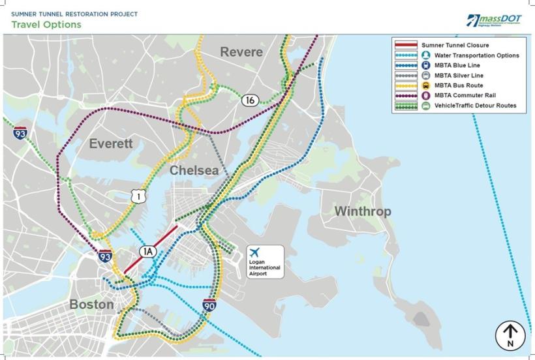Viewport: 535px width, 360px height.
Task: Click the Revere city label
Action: coord(241,52)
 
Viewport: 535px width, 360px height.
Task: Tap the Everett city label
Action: coord(111,143)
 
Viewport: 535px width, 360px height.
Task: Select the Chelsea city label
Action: coord(194,170)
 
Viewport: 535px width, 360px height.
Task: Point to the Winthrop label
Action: coord(362,211)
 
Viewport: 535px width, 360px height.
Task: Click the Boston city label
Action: coord(91,305)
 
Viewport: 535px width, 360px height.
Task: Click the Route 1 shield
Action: coord(136,196)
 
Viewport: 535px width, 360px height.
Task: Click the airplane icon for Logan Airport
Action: coord(255,252)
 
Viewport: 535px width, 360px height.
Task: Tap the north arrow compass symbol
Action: coord(510,335)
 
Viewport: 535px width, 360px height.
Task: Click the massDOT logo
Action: coord(494,20)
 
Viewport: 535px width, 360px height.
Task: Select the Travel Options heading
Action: coord(46,25)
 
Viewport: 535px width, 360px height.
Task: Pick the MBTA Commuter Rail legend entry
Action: coord(454,95)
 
